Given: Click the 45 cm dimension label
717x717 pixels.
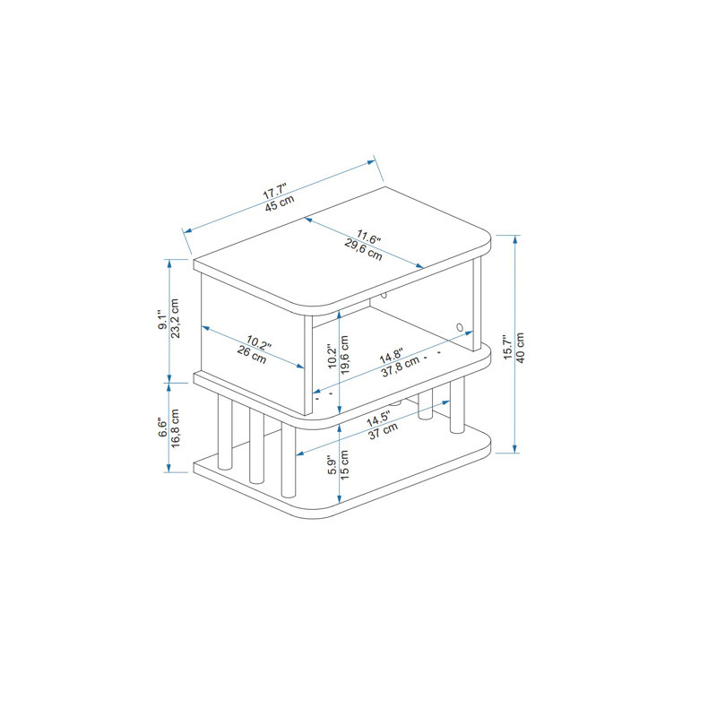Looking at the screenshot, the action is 280,203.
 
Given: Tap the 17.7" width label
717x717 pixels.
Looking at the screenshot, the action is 274,191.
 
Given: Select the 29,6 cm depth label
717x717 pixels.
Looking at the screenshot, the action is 363,250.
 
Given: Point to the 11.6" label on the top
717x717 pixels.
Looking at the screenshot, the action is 368,237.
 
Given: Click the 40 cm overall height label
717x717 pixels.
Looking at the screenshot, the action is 520,348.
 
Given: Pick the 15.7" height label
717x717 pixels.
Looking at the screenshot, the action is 507,347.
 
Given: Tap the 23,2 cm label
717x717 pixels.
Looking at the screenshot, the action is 175,318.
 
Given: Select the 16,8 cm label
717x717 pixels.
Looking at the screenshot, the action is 175,428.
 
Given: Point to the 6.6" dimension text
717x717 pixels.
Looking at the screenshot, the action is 162,428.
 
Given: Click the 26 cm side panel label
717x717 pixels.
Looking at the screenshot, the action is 252,355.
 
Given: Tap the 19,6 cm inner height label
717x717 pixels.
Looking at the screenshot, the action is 344,355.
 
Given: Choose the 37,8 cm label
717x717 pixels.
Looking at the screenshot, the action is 400,367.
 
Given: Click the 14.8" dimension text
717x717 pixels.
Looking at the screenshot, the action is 391,355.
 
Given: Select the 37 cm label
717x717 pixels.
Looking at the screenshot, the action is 384,431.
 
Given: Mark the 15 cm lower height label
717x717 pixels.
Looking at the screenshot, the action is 344,465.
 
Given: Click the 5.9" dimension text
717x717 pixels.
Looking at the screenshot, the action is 333,464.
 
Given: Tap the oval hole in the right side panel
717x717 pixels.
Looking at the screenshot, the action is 460,327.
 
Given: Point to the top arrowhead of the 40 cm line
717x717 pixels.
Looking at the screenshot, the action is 515,239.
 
